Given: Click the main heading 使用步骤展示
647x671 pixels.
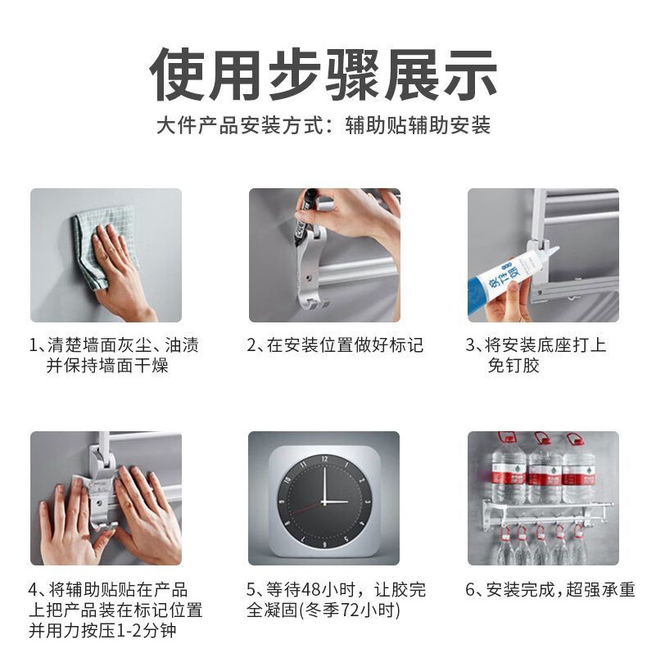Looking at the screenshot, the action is click(x=323, y=74).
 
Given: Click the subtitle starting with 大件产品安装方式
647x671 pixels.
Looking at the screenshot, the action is click(x=323, y=125).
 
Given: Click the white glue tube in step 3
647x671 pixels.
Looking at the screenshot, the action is click(x=509, y=274).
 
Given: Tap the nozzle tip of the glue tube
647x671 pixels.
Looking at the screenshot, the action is click(x=559, y=248).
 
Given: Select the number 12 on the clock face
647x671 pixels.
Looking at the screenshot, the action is click(x=324, y=459).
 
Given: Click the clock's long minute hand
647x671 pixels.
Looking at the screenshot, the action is click(x=324, y=484).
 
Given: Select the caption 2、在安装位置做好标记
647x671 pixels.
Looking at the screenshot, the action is click(x=335, y=345).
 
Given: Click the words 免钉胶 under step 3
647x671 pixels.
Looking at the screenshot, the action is click(x=513, y=366).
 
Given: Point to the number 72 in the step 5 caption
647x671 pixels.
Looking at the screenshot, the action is click(x=350, y=610).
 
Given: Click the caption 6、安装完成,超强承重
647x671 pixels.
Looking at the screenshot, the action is click(x=550, y=590).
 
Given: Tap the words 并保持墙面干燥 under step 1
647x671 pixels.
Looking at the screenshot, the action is click(x=107, y=366).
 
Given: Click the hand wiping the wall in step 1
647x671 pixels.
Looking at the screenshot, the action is click(x=118, y=274).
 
